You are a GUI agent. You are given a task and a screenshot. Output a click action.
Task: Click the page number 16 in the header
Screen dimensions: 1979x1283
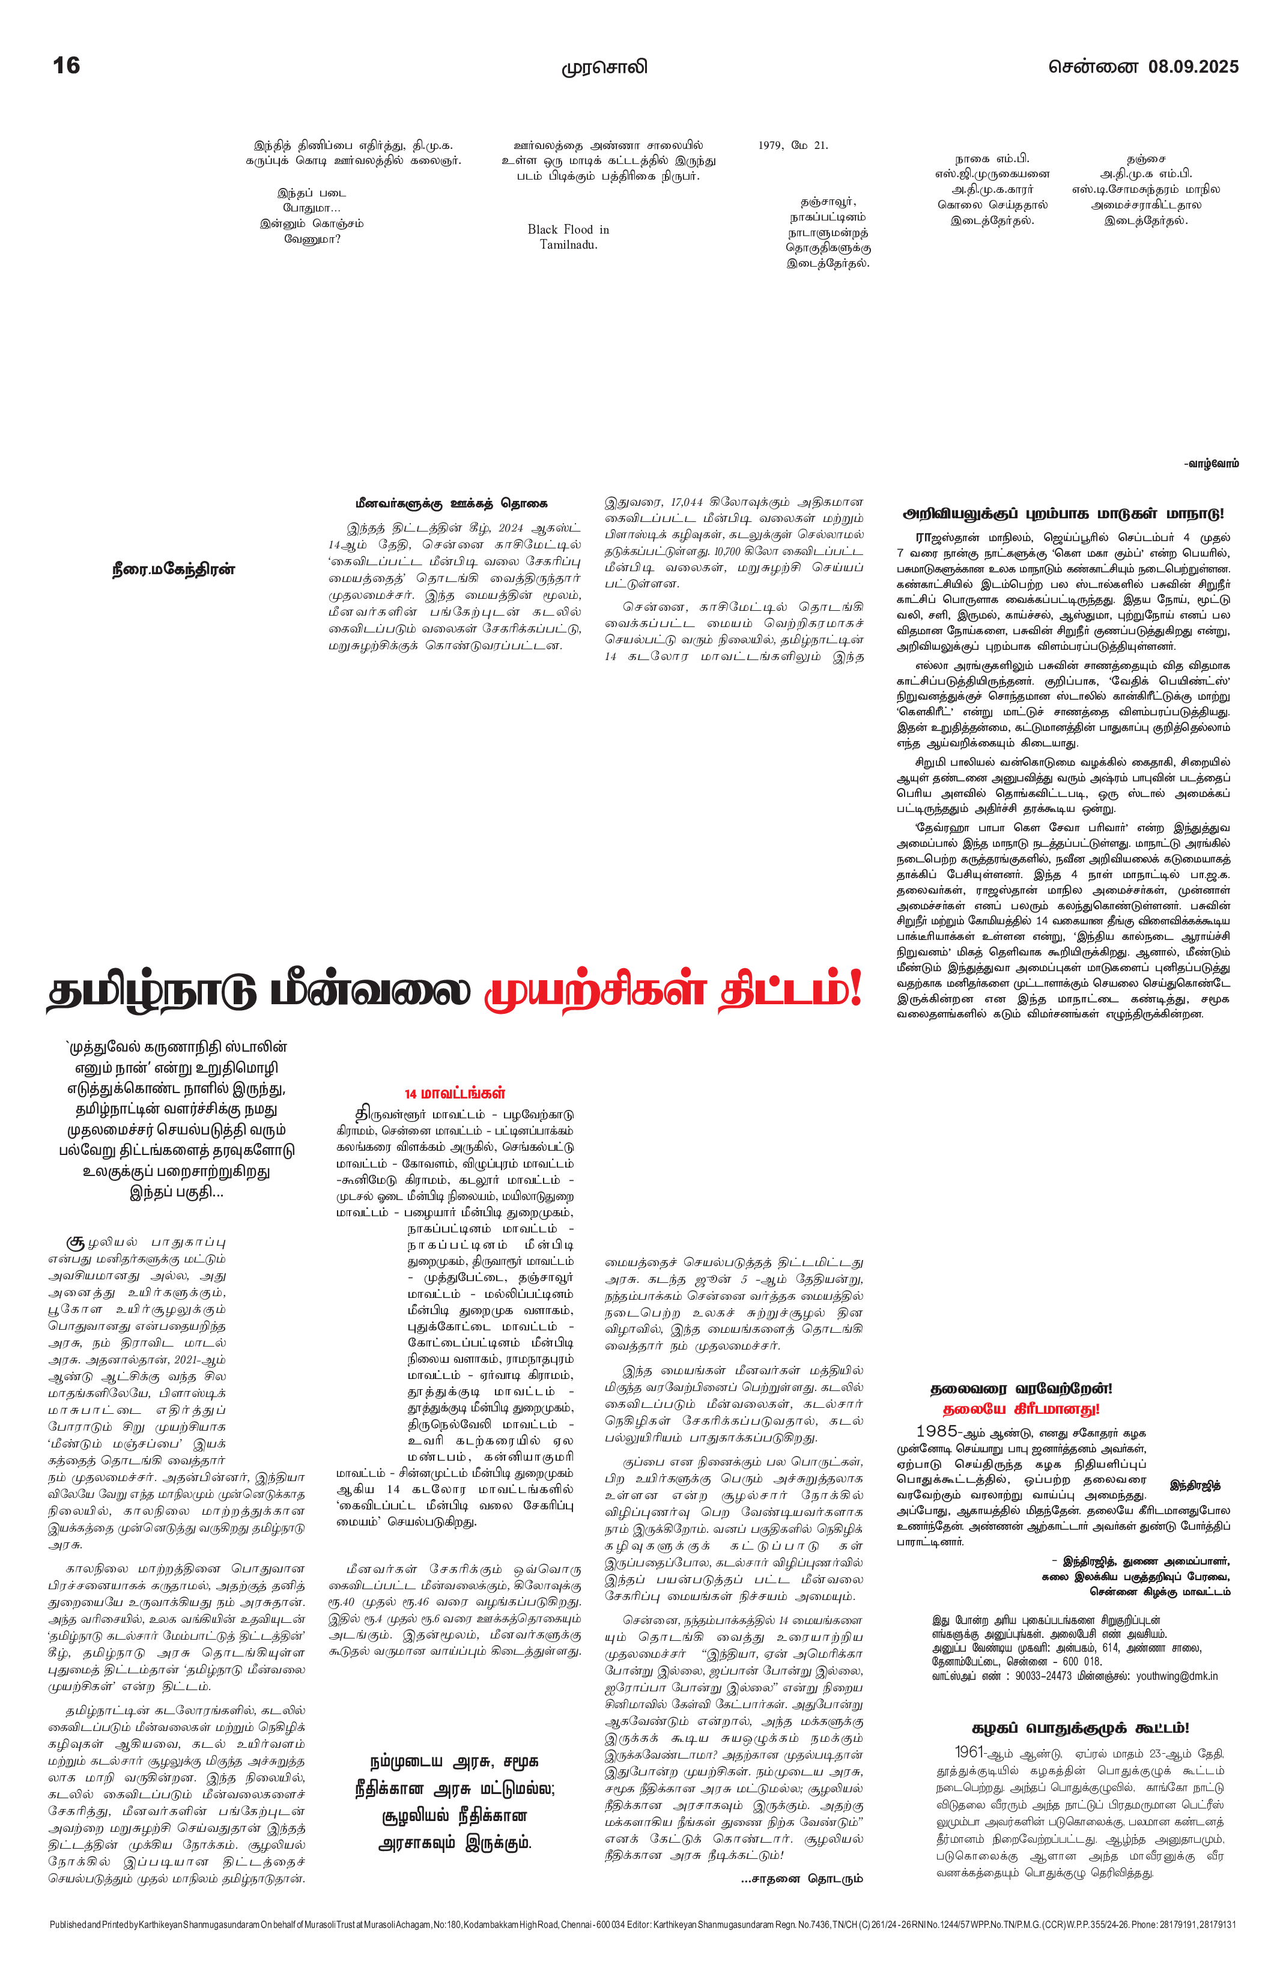pos(67,65)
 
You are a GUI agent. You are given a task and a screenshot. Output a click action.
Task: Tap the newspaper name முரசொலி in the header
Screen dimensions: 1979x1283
pos(604,67)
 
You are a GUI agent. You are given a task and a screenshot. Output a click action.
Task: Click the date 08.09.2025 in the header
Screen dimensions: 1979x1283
pos(1193,67)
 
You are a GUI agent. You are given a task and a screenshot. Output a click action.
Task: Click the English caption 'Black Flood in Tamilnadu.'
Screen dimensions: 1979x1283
pos(568,237)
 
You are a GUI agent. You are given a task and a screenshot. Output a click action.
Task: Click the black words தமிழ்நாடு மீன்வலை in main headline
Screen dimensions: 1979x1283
pos(259,993)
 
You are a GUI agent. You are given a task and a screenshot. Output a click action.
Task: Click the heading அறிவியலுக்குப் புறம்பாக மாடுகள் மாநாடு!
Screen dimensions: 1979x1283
pos(1064,514)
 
